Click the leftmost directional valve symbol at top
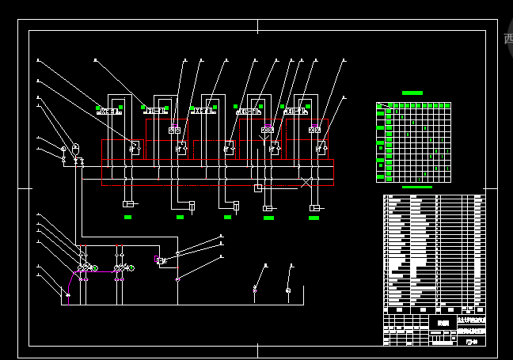pyautogui.click(x=109, y=112)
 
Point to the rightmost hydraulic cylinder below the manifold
pyautogui.click(x=315, y=207)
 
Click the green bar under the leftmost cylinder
pyautogui.click(x=128, y=217)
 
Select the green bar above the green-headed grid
pyautogui.click(x=412, y=93)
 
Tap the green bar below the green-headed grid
pyautogui.click(x=417, y=188)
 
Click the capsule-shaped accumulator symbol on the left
pyautogui.click(x=75, y=148)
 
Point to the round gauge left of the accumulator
pyautogui.click(x=63, y=148)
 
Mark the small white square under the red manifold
pyautogui.click(x=257, y=188)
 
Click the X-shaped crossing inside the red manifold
pyautogui.click(x=306, y=182)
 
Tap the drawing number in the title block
pyautogui.click(x=471, y=343)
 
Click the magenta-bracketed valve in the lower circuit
pyautogui.click(x=160, y=260)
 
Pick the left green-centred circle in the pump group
pyautogui.click(x=94, y=268)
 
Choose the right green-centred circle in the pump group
pyautogui.click(x=131, y=268)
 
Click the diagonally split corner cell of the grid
pyautogui.click(x=381, y=105)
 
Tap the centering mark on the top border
pyautogui.click(x=257, y=27)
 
